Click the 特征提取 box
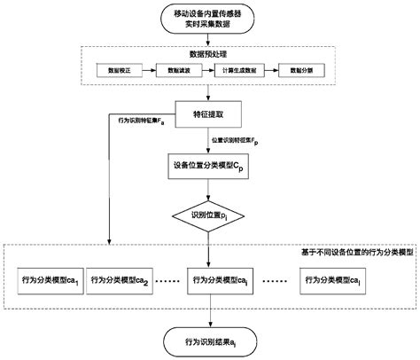(209, 114)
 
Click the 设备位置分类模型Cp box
(209, 166)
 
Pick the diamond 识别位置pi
(209, 215)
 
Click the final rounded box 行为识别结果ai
(209, 341)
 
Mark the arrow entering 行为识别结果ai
(209, 316)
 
